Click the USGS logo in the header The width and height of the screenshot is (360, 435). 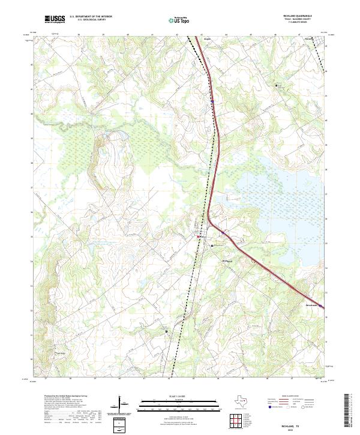point(55,19)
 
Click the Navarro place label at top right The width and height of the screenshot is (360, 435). point(309,39)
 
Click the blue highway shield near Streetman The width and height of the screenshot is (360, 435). point(320,306)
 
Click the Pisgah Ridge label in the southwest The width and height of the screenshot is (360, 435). point(60,353)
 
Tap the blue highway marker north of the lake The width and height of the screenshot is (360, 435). point(212,102)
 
